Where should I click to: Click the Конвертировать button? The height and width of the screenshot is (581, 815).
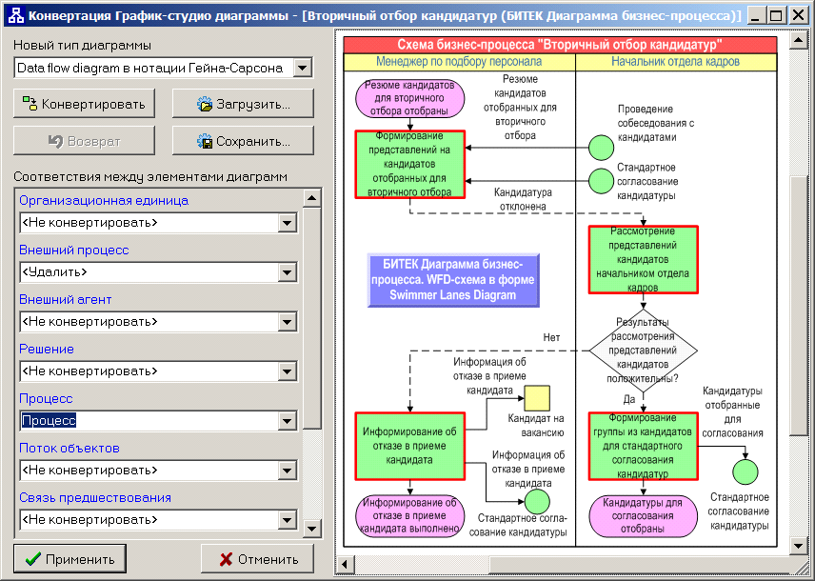coord(84,104)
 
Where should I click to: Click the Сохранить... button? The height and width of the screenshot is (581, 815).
coord(243,141)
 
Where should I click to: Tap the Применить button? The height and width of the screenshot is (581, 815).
coord(70,559)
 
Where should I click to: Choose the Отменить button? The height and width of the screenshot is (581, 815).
coord(258,559)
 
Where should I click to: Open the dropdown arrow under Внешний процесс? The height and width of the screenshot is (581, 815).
coord(287,272)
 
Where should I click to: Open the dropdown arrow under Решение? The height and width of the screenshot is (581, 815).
coord(287,371)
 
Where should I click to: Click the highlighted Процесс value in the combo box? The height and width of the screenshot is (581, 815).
coord(49,420)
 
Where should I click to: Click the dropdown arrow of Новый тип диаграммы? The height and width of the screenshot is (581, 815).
coord(303,68)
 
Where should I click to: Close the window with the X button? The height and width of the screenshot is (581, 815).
coord(799,15)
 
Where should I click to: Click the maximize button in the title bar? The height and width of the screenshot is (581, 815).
coord(776,15)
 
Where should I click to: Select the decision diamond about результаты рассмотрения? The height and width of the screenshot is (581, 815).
coord(643,351)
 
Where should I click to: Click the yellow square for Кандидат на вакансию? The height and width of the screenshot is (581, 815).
coord(537,398)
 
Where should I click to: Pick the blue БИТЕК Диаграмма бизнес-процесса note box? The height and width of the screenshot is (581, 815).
coord(453,280)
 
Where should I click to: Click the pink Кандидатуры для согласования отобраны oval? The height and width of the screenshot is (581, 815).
coord(643,515)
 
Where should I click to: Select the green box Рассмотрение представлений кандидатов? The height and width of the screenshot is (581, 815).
coord(643,260)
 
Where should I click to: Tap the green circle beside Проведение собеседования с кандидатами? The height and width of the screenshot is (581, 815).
coord(601,148)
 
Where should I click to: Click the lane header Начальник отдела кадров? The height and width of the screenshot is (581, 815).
coord(675,61)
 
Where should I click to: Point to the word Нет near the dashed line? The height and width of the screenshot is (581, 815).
coord(551,337)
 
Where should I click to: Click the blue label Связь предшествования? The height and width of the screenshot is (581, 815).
coord(95,498)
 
